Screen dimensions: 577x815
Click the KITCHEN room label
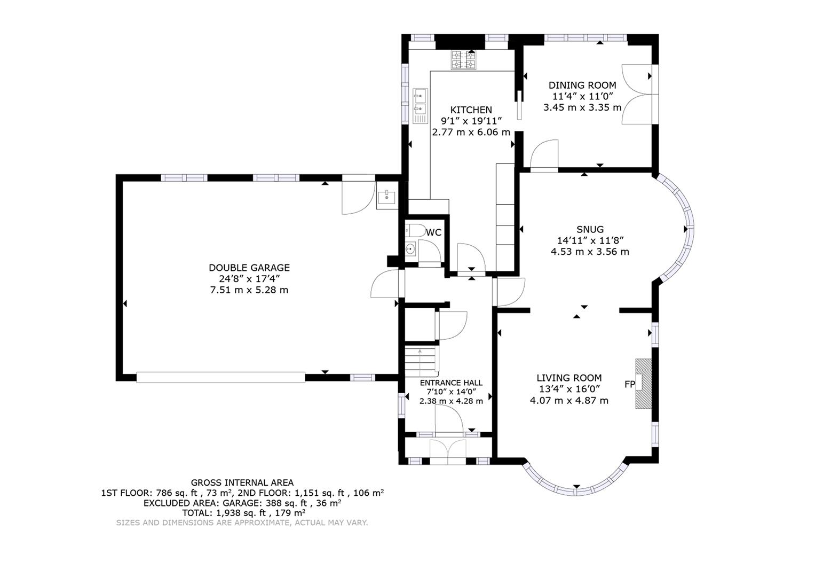(470, 110)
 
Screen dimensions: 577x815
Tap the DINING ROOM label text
(582, 85)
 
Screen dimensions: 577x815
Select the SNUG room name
(590, 230)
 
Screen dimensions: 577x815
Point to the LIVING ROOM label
(569, 378)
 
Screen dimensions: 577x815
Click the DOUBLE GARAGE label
(249, 268)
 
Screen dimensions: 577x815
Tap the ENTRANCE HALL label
(451, 383)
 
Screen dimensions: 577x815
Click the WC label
(434, 232)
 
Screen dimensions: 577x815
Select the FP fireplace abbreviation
(629, 384)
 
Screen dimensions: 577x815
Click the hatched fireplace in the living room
(644, 384)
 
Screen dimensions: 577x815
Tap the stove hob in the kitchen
(463, 60)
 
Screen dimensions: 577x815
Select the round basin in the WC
(410, 249)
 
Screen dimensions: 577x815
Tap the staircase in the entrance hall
(421, 362)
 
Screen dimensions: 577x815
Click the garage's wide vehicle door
(220, 377)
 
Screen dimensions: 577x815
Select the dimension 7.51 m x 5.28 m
(249, 290)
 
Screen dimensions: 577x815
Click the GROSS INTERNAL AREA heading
(242, 482)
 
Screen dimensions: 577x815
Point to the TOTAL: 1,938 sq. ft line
(242, 512)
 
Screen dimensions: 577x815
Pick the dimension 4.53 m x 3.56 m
(590, 252)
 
